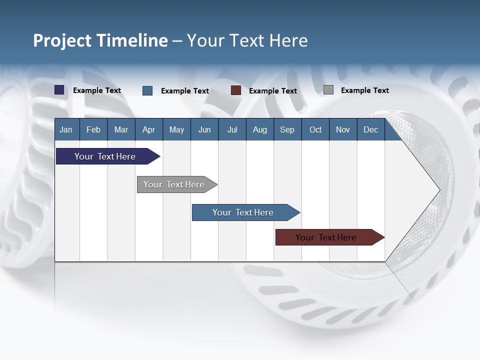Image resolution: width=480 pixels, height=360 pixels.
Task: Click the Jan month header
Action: pos(66,129)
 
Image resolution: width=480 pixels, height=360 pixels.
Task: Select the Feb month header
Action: pos(93,129)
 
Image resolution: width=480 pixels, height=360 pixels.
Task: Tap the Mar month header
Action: pos(121,129)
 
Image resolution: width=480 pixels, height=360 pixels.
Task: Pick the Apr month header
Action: pos(148,129)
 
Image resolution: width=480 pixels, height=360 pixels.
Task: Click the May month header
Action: pos(176,129)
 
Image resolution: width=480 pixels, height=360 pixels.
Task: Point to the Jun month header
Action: pos(204,129)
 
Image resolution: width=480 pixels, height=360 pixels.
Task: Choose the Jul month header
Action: pos(232,129)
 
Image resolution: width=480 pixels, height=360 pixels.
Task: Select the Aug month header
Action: pos(259,129)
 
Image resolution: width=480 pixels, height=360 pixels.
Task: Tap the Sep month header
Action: pos(287,129)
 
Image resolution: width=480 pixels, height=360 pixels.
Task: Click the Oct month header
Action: pos(315,129)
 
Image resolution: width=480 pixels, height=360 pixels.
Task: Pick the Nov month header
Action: pos(343,129)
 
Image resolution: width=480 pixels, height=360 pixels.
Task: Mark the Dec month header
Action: pos(370,129)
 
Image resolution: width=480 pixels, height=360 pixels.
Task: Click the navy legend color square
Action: pos(59,90)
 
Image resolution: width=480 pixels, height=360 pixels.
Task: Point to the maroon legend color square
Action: pos(236,90)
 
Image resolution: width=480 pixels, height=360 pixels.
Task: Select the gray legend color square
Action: pos(328,90)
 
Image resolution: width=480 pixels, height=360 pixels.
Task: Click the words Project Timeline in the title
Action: pos(100,40)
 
